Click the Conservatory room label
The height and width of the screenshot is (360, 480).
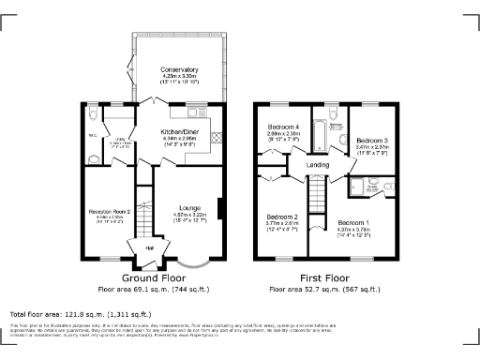pyautogui.click(x=179, y=70)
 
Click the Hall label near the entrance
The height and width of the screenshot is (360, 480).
pyautogui.click(x=149, y=247)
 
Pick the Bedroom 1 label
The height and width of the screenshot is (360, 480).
pyautogui.click(x=353, y=223)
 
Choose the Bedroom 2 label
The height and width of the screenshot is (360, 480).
pyautogui.click(x=282, y=217)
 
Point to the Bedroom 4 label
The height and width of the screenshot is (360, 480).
pyautogui.click(x=283, y=127)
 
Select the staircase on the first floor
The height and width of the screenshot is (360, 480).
pyautogui.click(x=319, y=197)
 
